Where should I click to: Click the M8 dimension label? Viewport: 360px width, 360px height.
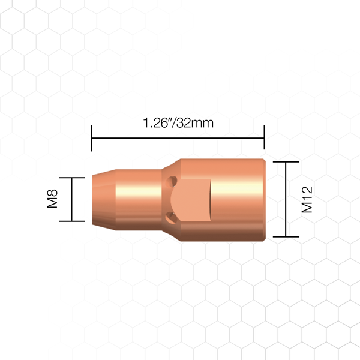pyautogui.click(x=52, y=199)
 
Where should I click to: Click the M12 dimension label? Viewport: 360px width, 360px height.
pyautogui.click(x=307, y=200)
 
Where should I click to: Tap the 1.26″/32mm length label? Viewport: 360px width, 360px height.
pyautogui.click(x=178, y=123)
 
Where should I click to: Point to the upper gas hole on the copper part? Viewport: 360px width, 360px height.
pyautogui.click(x=171, y=181)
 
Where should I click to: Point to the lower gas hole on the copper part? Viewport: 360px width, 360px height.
pyautogui.click(x=171, y=217)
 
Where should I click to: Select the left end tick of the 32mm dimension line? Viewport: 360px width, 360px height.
pyautogui.click(x=91, y=138)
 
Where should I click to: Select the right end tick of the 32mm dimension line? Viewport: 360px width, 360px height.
pyautogui.click(x=264, y=137)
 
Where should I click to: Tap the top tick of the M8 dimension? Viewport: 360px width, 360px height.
pyautogui.click(x=72, y=178)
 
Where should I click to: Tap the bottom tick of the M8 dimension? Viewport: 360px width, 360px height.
pyautogui.click(x=72, y=221)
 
